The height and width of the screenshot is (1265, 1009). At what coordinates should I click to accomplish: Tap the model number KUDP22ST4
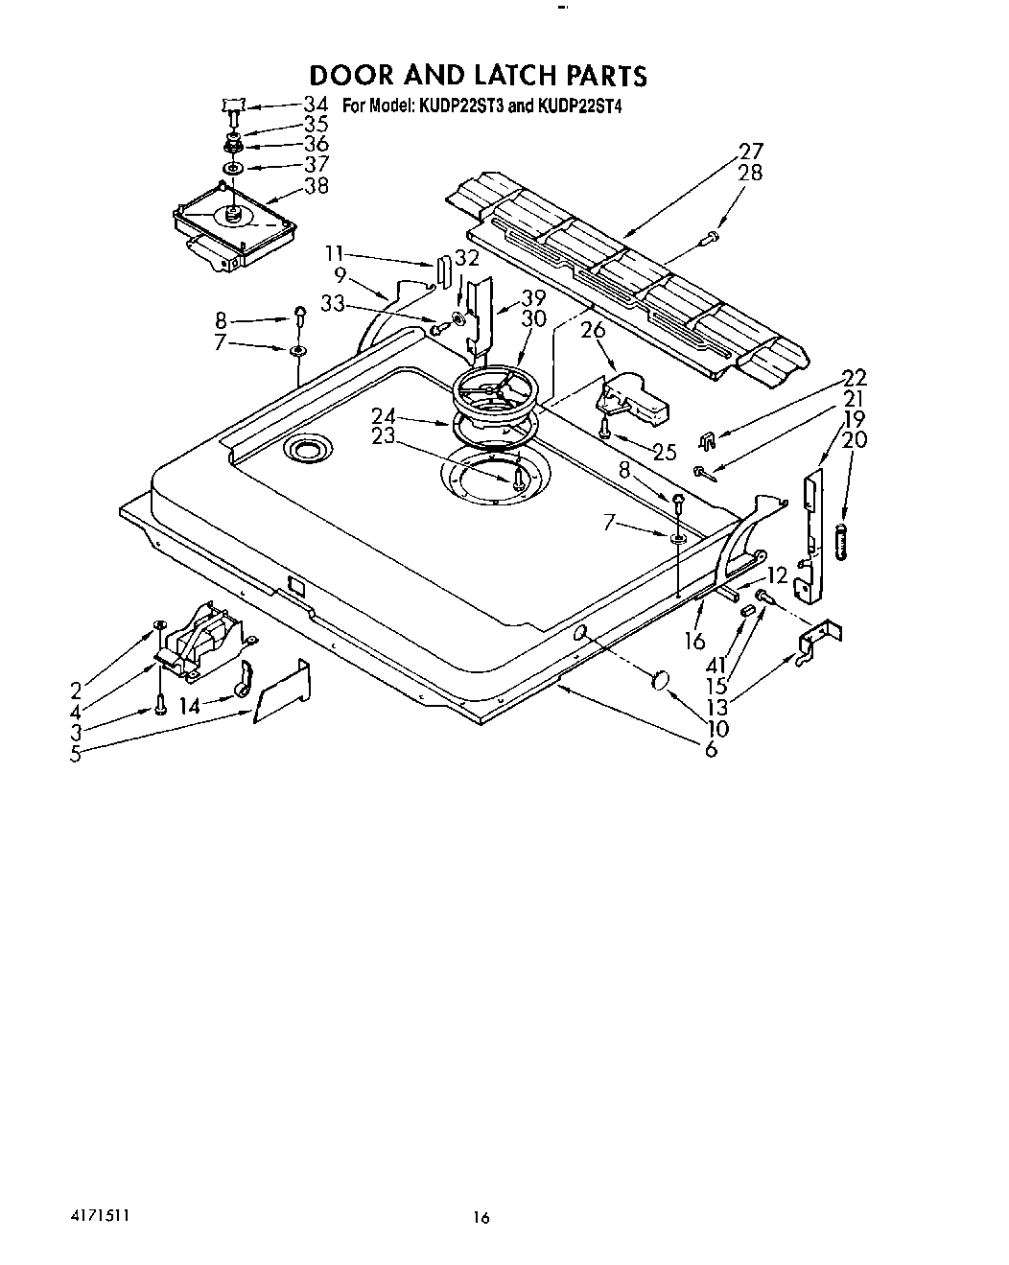[x=579, y=106]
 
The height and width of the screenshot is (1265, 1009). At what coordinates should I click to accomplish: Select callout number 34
[x=316, y=104]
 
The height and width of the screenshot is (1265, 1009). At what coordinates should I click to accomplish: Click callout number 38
[x=316, y=185]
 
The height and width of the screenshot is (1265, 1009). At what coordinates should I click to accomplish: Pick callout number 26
[x=594, y=332]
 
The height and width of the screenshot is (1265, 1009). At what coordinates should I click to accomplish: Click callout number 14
[x=190, y=707]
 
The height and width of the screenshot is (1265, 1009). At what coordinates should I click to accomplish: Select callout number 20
[x=854, y=439]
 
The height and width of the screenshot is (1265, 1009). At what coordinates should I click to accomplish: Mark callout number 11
[x=334, y=254]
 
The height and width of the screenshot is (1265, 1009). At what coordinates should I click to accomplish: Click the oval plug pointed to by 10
[x=659, y=680]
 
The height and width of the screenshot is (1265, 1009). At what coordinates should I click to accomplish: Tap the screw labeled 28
[x=711, y=235]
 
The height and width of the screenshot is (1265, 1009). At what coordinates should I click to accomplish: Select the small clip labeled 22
[x=706, y=440]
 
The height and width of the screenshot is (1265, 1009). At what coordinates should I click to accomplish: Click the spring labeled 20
[x=842, y=541]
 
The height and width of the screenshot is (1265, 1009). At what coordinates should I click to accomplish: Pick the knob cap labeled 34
[x=233, y=104]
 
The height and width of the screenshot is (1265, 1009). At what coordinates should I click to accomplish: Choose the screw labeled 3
[x=159, y=709]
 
